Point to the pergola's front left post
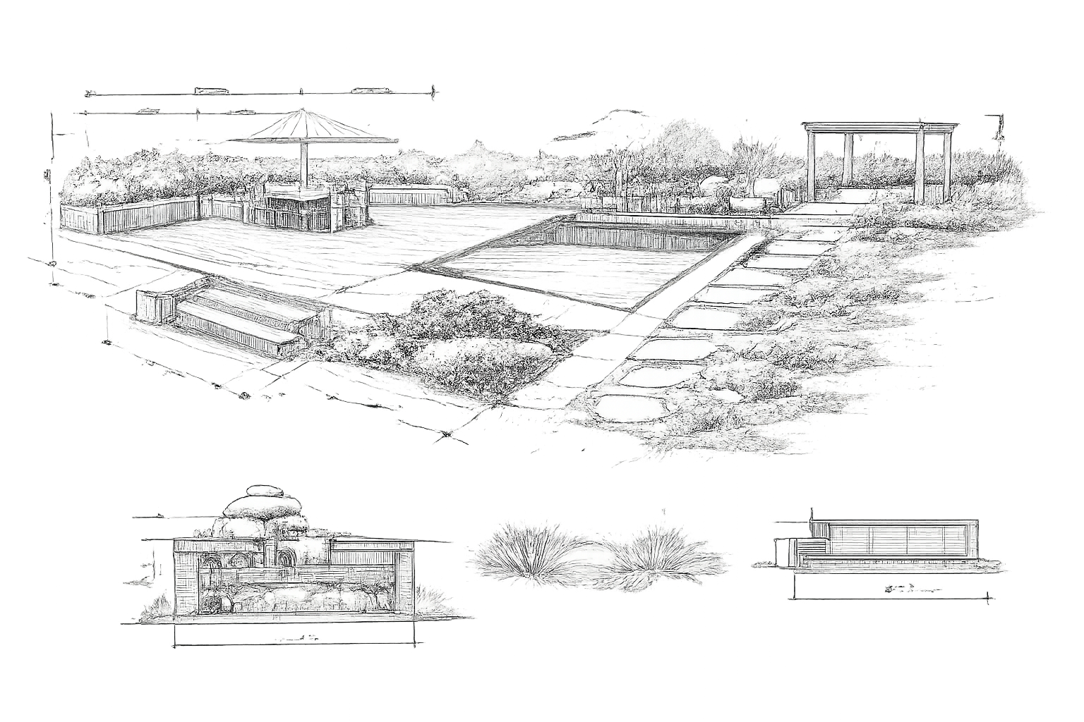click(x=811, y=166)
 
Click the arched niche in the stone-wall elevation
click(x=212, y=564)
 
